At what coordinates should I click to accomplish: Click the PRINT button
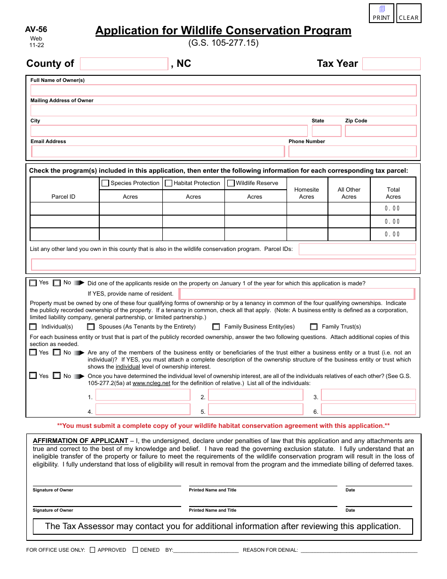(x=382, y=13)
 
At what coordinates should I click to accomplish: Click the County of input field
(x=124, y=64)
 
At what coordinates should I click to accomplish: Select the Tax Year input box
(x=391, y=64)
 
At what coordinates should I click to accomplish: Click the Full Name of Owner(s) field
(x=223, y=90)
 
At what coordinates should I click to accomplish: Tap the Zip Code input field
(x=381, y=131)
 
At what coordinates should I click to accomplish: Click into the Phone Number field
(x=352, y=151)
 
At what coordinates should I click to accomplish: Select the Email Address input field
(x=158, y=151)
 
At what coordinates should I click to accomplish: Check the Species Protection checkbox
(x=105, y=183)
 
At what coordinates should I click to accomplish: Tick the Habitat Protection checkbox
(x=168, y=183)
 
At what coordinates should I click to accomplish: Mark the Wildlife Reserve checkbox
(x=231, y=183)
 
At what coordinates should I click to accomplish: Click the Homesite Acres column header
(x=306, y=193)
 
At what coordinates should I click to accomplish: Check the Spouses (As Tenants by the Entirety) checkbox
(x=91, y=327)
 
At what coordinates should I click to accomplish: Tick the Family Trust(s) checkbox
(x=314, y=327)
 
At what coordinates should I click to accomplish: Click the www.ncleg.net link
(x=152, y=383)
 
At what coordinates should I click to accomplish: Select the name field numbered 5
(x=255, y=410)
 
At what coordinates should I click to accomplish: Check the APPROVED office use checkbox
(x=92, y=550)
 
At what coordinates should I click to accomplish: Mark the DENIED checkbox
(x=135, y=550)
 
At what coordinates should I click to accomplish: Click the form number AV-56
(x=36, y=30)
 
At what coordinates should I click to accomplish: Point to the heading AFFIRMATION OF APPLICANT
(x=80, y=441)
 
